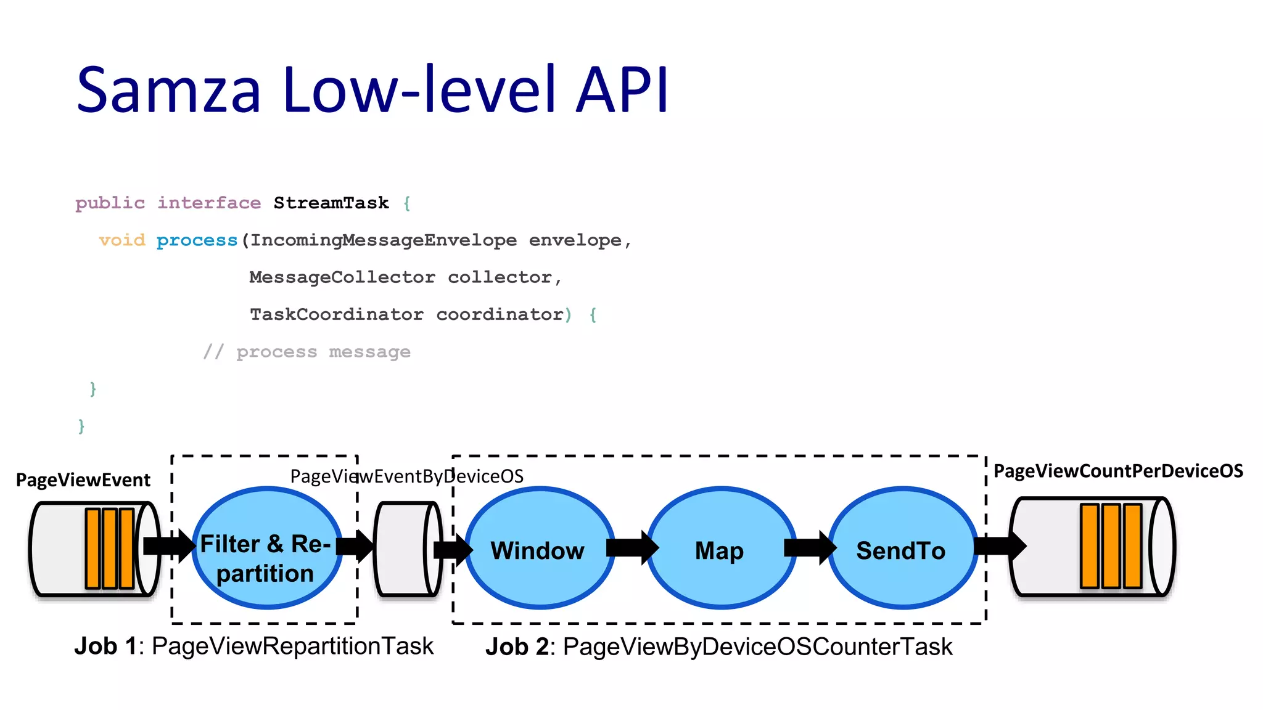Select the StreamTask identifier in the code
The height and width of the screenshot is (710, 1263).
tap(331, 203)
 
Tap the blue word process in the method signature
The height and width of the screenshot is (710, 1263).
tap(197, 240)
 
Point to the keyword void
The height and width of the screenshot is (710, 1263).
tap(122, 240)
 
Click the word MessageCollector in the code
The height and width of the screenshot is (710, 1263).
tap(342, 277)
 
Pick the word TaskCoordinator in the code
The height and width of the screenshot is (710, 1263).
tap(336, 314)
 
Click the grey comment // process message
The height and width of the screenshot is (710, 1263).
tap(306, 352)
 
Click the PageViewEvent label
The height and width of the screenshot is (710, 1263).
tap(83, 480)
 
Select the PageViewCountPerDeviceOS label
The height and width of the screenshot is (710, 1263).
tap(1118, 471)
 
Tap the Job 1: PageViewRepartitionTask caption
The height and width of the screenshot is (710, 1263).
tap(253, 647)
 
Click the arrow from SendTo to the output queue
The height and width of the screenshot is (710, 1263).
tap(999, 546)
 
